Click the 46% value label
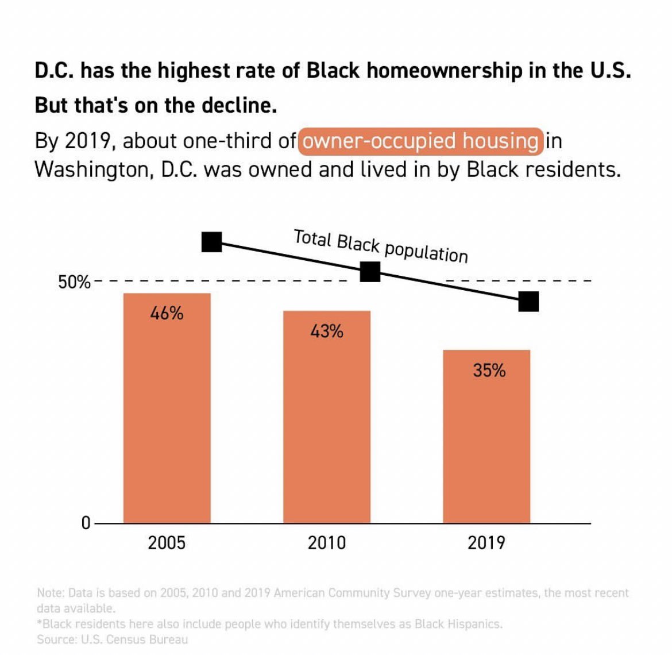167,314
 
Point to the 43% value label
326,332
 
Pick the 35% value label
489,371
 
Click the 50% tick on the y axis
74,283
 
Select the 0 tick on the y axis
86,523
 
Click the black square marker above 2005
211,242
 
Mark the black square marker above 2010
370,272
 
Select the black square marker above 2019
528,301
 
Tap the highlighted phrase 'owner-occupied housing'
420,141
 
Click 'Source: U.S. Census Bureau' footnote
112,639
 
